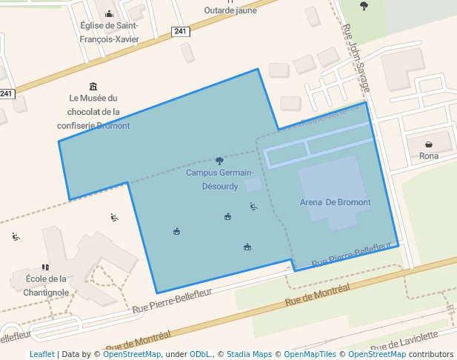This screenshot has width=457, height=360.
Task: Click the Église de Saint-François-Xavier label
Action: (110, 33)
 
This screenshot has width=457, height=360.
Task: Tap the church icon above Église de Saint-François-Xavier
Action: (110, 13)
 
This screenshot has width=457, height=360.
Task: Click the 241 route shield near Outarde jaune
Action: (180, 31)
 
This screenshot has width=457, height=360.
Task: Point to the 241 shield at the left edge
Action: (7, 93)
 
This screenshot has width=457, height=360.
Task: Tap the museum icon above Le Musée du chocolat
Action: (93, 86)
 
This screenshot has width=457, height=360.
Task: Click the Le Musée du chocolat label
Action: (93, 112)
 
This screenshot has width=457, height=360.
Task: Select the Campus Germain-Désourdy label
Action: (219, 179)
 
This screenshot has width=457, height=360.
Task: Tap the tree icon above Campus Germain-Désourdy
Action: (219, 161)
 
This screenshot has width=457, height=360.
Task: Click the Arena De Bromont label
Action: (335, 202)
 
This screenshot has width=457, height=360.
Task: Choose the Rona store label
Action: (429, 156)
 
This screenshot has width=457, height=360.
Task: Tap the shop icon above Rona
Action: (429, 144)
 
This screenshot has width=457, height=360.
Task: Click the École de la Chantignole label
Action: (46, 285)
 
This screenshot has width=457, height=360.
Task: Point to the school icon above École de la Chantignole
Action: (46, 267)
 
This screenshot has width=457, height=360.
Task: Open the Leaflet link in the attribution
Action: (41, 354)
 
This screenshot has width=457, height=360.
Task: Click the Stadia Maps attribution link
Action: (249, 354)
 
